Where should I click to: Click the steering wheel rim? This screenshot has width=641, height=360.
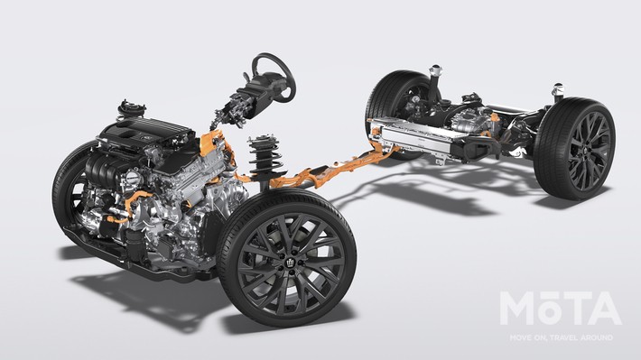[x=287, y=69]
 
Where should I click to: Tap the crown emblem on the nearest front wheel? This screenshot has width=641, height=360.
[x=290, y=263]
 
